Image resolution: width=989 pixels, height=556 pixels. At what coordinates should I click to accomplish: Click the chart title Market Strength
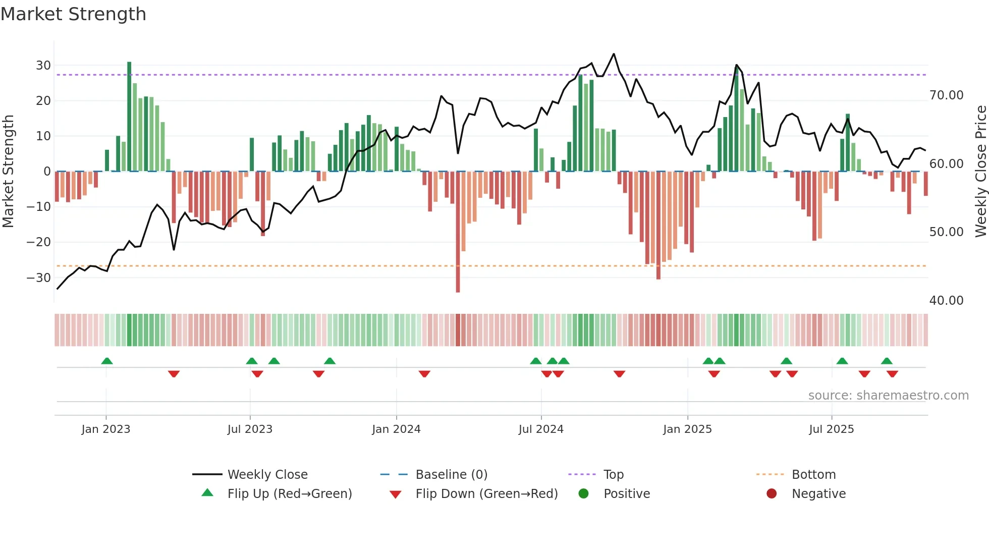(73, 14)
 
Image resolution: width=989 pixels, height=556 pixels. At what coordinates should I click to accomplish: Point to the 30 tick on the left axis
(43, 66)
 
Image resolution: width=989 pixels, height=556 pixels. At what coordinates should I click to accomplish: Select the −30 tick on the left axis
(39, 277)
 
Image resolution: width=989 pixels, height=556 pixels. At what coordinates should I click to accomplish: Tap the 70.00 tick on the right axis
(946, 95)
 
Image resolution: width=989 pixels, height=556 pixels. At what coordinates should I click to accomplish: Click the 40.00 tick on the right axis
(946, 301)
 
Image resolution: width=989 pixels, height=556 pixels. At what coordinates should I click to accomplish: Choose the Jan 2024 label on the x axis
(396, 429)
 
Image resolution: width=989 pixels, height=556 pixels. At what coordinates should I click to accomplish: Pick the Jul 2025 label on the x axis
(831, 429)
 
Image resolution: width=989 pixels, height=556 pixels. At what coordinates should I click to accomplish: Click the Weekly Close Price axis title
(980, 172)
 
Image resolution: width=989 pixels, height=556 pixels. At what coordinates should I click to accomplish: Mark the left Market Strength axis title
(8, 172)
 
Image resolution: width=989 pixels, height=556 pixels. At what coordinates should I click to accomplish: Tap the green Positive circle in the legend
(584, 494)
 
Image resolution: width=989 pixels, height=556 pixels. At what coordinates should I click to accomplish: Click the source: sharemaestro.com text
(888, 396)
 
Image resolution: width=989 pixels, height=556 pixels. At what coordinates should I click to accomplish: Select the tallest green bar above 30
(129, 116)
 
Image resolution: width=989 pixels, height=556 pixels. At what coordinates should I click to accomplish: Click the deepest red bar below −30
(458, 232)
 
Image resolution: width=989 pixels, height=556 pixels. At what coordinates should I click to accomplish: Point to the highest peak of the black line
(614, 54)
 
